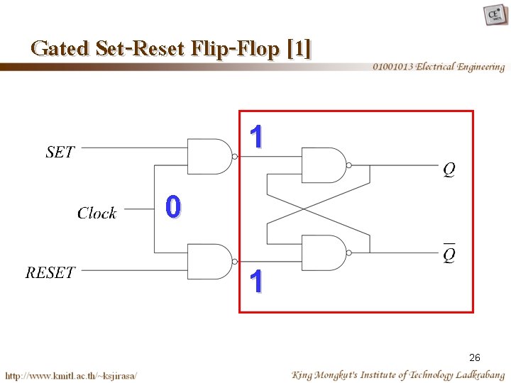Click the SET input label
[x=60, y=152]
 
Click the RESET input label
[x=50, y=273]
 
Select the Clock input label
[x=97, y=213]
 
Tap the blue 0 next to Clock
[x=172, y=208]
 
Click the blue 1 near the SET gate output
[x=257, y=137]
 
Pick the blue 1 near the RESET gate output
[x=257, y=282]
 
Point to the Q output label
[x=449, y=170]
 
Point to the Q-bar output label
[x=449, y=253]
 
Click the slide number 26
[x=475, y=358]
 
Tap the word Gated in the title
[x=60, y=49]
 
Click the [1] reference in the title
[x=299, y=49]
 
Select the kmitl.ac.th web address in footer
[x=71, y=374]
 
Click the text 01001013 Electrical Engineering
[x=439, y=67]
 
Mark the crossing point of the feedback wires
[x=304, y=209]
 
